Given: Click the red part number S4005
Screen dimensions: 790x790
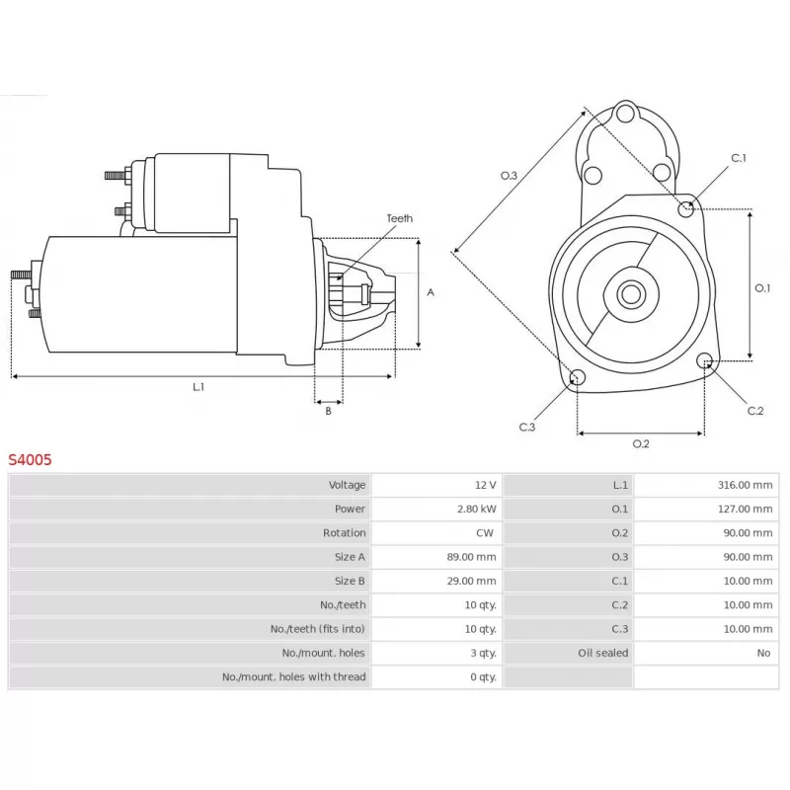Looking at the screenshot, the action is pos(30,459).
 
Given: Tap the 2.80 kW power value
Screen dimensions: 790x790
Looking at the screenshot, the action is pos(477,509).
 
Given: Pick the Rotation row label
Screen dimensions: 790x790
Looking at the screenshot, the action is pos(344,532).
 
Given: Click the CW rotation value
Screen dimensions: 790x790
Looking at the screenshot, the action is pos(485,532).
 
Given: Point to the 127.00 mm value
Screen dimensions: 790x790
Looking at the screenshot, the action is pos(745,509).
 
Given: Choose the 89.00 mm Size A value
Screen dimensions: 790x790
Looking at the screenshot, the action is pos(471,557).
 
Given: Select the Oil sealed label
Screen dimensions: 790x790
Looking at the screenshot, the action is pos(603,653).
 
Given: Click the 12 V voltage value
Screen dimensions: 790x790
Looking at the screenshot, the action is pos(485,485).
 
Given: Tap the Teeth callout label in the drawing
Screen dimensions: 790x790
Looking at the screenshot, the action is pos(400,218).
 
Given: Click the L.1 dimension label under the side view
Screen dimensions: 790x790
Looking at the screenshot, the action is pos(198,387).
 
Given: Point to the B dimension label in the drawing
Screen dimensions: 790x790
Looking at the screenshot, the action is pos(329,411).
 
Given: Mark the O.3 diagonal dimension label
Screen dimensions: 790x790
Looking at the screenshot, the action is pos(509,176).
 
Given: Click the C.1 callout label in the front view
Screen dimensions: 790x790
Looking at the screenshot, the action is pos(739,158).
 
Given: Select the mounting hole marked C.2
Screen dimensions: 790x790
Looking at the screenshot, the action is pos(705,360).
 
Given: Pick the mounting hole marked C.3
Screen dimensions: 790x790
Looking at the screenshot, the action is pos(578,377).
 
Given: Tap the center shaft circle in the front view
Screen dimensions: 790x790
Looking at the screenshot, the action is pos(631,294).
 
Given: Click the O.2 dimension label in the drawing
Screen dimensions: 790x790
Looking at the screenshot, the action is pos(641,443).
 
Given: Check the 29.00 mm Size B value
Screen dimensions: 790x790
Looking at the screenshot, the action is pos(471,581).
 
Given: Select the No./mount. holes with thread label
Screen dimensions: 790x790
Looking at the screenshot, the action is pos(293,676).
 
